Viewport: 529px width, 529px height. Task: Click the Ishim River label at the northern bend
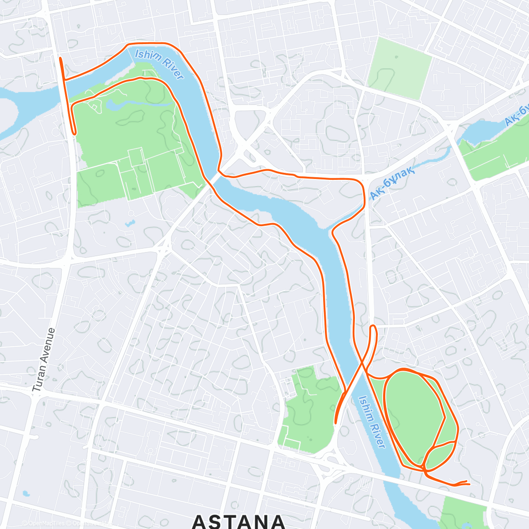click(x=159, y=64)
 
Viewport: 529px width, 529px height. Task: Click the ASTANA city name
click(x=238, y=522)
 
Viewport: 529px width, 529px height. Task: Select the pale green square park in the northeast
click(x=399, y=68)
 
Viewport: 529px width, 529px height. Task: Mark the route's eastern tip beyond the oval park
click(x=469, y=484)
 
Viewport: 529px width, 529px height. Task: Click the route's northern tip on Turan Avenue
click(x=60, y=58)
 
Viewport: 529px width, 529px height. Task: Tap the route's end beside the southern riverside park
click(x=336, y=422)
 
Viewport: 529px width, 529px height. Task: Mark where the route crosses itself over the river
click(x=362, y=364)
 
